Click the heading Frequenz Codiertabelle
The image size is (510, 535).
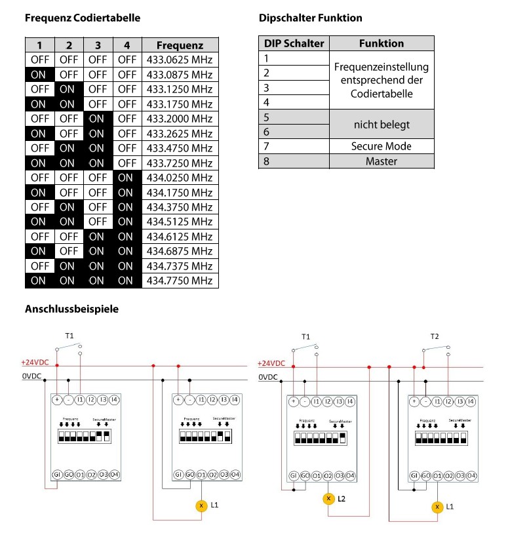point(83,18)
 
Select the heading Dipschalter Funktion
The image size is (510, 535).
point(310,18)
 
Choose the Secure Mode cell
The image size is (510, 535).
point(382,146)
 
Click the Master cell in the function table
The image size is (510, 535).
point(382,161)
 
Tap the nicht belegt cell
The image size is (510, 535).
point(382,124)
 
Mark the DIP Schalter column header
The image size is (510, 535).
point(294,43)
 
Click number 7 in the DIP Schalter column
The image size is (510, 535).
point(267,146)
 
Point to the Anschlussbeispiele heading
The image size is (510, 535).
point(71,309)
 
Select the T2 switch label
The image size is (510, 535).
point(435,336)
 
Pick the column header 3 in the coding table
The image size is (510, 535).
point(98,45)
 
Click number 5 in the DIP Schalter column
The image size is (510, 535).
point(267,117)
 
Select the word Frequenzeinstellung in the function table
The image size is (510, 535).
point(382,67)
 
